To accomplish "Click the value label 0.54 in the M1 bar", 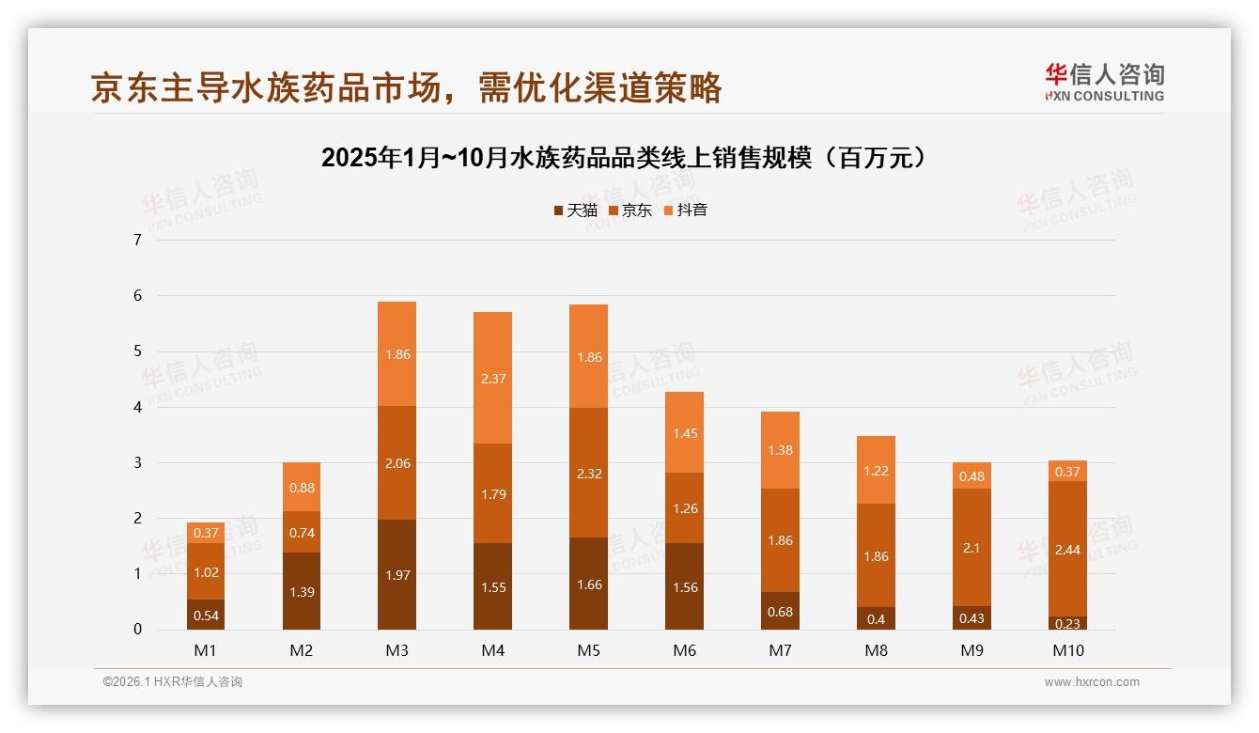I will coord(206,616).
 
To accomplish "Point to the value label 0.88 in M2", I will coord(302,488).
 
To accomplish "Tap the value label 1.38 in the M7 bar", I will coord(780,451).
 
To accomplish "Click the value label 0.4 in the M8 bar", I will coord(876,619).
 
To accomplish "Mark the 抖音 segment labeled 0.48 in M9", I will coord(971,476).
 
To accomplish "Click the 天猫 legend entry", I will coord(575,211).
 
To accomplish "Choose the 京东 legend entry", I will coord(629,211).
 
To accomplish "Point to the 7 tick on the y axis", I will coord(137,240).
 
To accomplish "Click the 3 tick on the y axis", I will coord(137,462).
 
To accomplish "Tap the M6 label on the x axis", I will coord(684,650).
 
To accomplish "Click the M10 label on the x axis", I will coord(1067,650).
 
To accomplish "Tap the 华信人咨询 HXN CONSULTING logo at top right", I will coord(1104,83).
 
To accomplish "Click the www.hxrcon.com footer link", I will coord(1091,682).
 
